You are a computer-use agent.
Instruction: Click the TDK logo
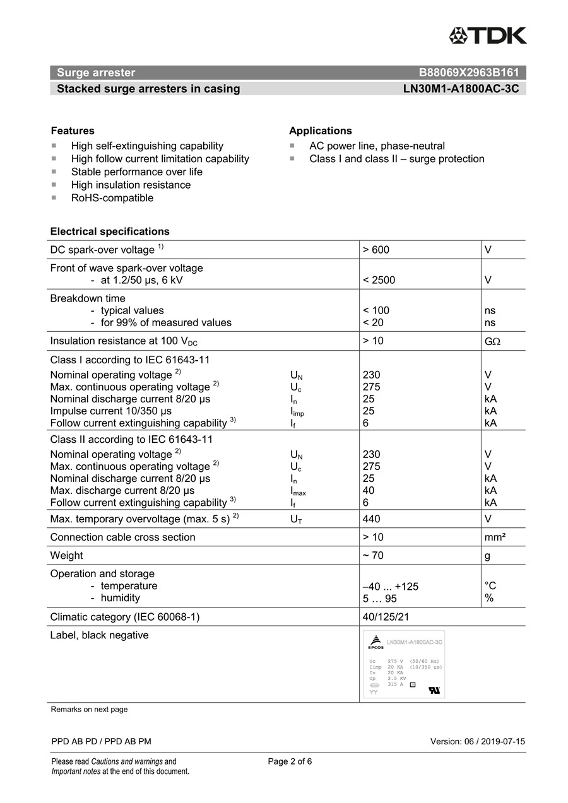pos(488,36)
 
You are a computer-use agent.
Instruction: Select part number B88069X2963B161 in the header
pos(468,73)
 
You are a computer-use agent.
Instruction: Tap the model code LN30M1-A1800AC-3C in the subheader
pos(461,89)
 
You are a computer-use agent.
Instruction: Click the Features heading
pos(73,131)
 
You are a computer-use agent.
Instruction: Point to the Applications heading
pos(321,131)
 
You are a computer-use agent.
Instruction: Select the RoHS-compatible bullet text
pos(112,198)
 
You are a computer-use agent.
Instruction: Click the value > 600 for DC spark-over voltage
pos(376,250)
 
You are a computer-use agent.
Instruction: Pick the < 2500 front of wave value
pos(379,280)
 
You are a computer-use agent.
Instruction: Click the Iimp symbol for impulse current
pos(297,412)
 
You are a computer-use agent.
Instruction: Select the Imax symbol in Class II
pos(298,491)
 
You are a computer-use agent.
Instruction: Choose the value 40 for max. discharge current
pos(369,490)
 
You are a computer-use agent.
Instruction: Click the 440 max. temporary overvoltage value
pos(371,519)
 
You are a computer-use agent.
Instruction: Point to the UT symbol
pos(296,520)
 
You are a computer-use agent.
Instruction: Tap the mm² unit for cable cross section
pos(495,537)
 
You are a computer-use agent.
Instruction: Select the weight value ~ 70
pos(373,556)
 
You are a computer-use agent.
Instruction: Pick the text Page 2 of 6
pos(290,761)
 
